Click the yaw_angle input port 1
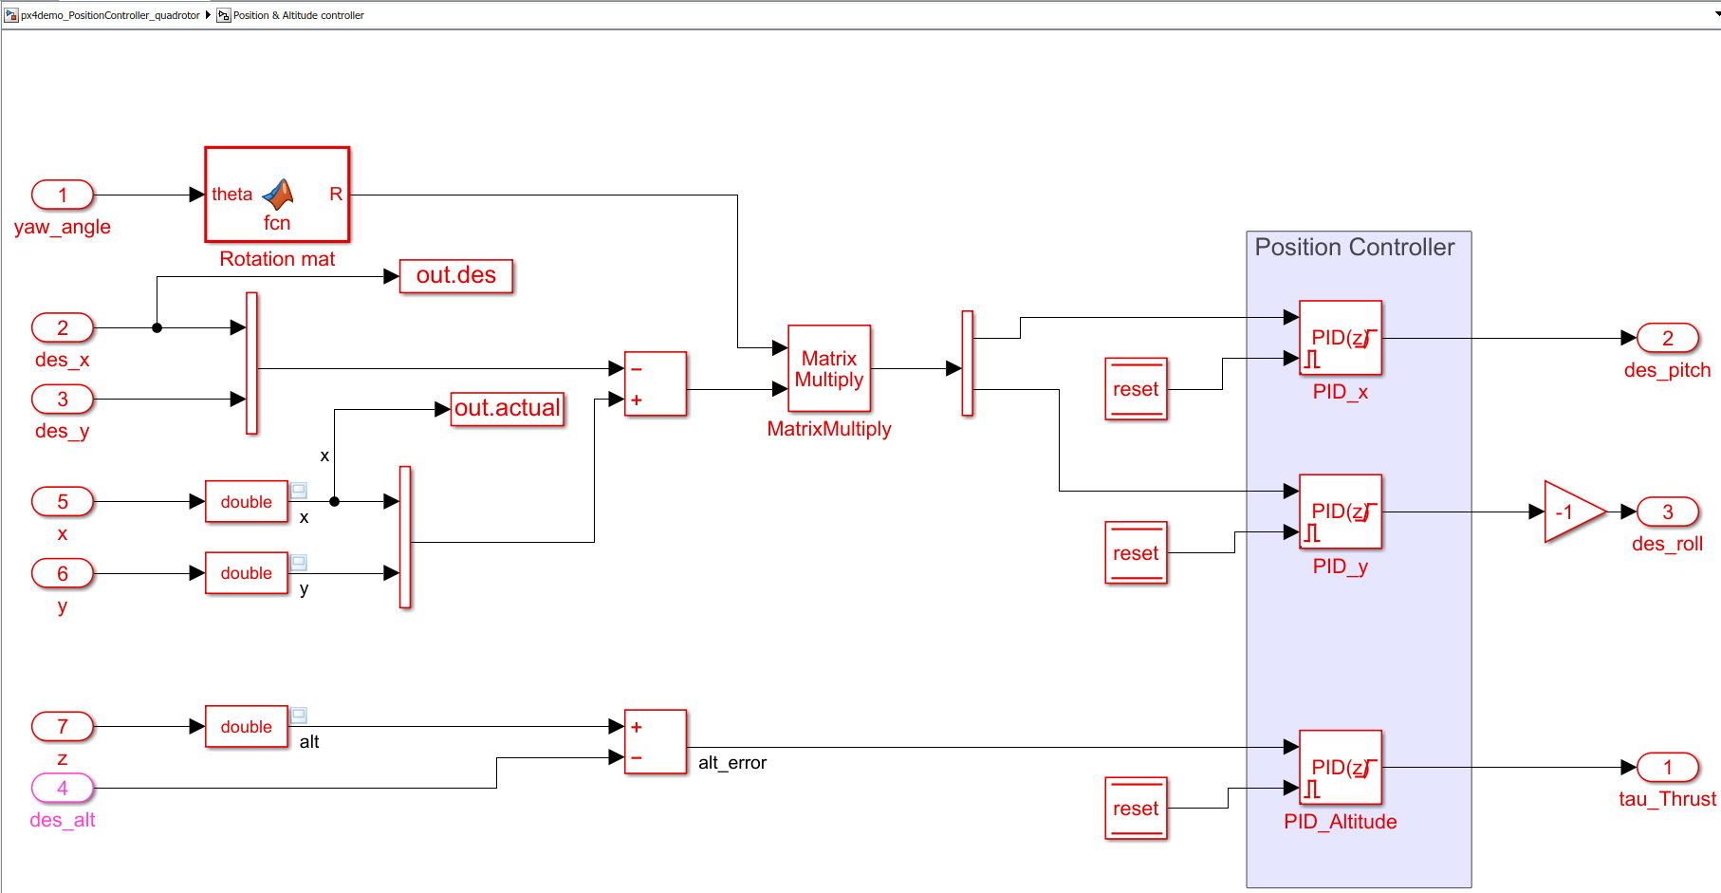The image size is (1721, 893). [x=63, y=195]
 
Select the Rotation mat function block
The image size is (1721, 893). [x=277, y=195]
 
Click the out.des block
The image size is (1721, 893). [x=456, y=275]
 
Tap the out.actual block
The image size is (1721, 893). [x=508, y=409]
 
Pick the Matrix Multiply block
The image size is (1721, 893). [x=829, y=368]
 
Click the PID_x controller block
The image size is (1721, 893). [x=1341, y=338]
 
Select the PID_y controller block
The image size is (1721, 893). [x=1341, y=512]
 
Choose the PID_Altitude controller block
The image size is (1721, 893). [x=1341, y=767]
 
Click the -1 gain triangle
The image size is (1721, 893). [x=1570, y=512]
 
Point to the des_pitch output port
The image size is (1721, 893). [x=1667, y=338]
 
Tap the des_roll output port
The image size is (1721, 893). [x=1667, y=512]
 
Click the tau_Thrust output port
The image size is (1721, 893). [x=1667, y=767]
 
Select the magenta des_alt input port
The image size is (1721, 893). [x=63, y=788]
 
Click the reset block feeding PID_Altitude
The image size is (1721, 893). [x=1136, y=809]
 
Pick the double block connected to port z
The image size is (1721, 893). [x=247, y=727]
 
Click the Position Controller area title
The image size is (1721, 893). [x=1354, y=248]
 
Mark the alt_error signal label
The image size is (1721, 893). [x=732, y=763]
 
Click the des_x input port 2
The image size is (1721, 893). [x=63, y=327]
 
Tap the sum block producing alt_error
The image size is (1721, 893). [x=656, y=742]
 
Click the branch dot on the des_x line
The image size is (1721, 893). [x=157, y=327]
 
